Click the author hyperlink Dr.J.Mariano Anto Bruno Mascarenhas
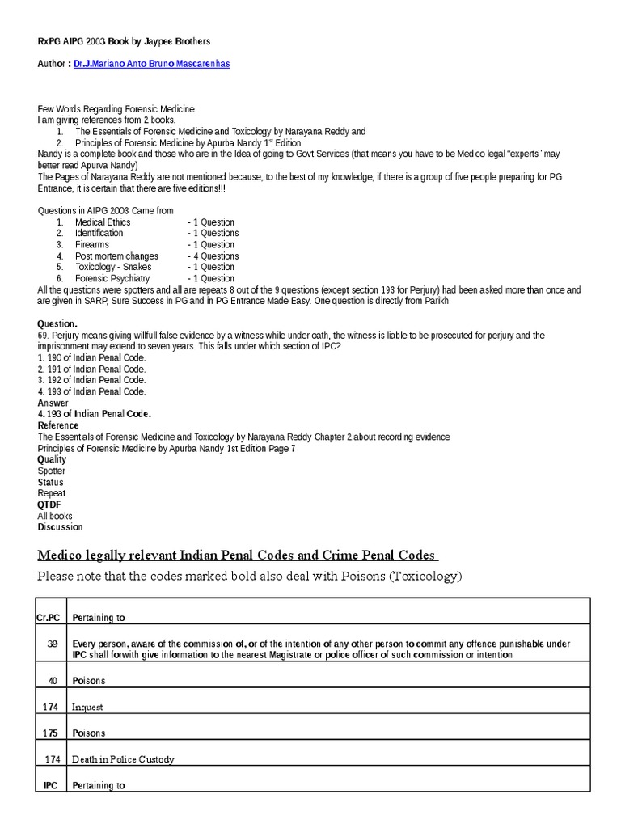[151, 63]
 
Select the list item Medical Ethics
[103, 222]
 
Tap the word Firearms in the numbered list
[92, 245]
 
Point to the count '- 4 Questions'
[213, 256]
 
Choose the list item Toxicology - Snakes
[113, 268]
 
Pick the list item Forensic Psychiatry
[112, 279]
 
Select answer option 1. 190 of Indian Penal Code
[91, 357]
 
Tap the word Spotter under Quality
[52, 471]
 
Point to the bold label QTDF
[49, 505]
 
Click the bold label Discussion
[60, 527]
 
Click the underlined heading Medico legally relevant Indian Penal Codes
[237, 556]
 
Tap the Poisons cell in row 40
[89, 681]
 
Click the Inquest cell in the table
[87, 708]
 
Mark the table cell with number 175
[50, 733]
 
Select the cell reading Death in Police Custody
[123, 760]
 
